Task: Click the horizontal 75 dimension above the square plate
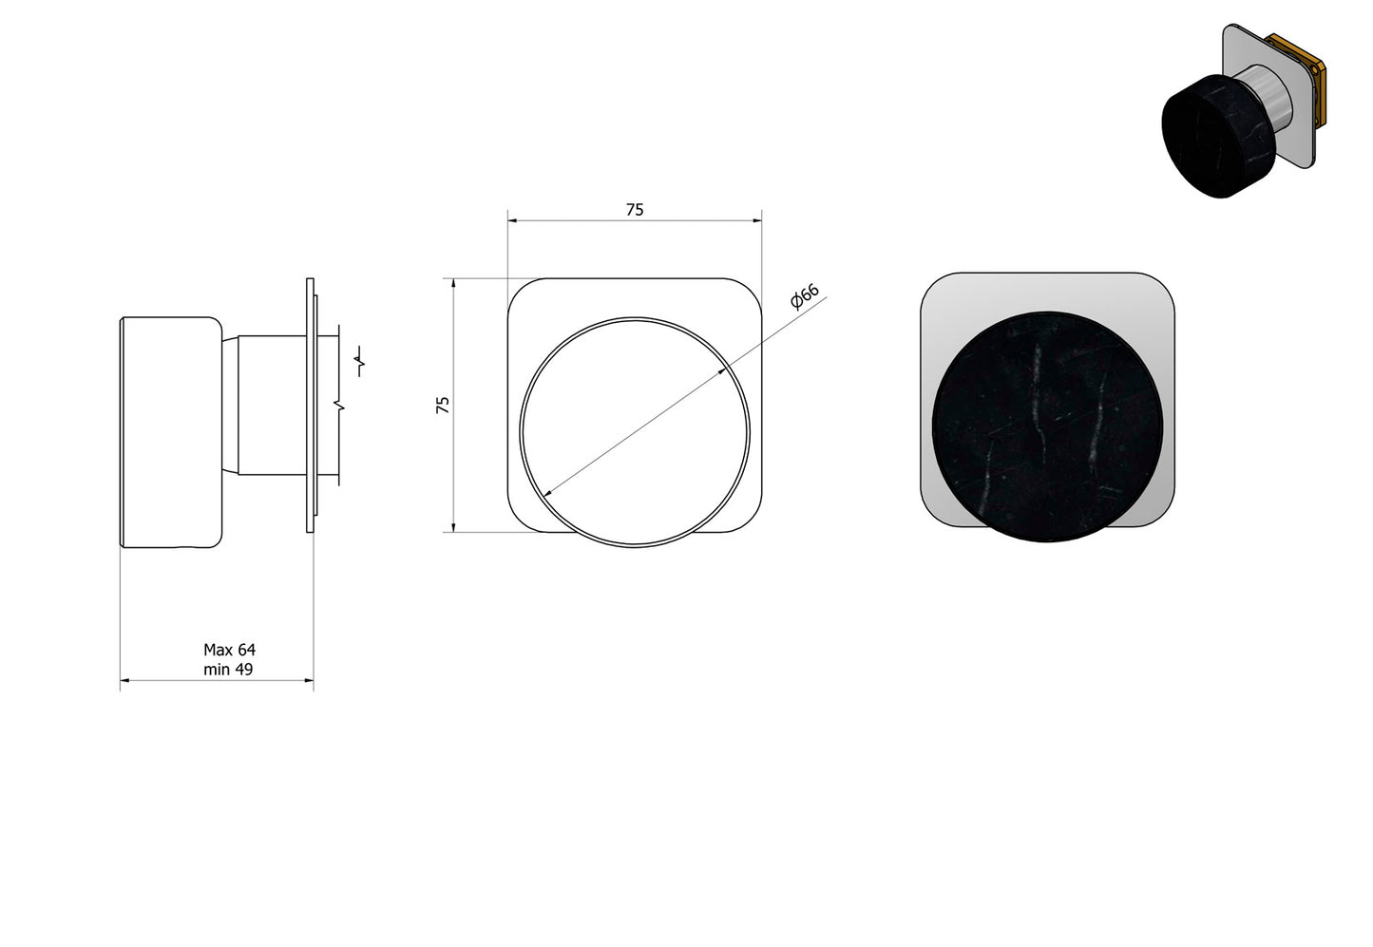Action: coord(635,210)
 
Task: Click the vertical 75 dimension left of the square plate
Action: coord(442,405)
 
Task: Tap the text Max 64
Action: coord(229,650)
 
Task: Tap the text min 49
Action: coord(228,669)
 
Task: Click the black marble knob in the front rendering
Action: coord(1048,426)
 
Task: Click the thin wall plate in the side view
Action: coord(310,404)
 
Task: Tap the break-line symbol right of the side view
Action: coord(360,362)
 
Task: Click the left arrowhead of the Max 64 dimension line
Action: coord(124,680)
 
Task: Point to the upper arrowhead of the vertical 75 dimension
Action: coord(454,283)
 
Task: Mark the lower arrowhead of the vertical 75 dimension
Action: coord(454,527)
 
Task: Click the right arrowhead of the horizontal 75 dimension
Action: coord(758,220)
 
